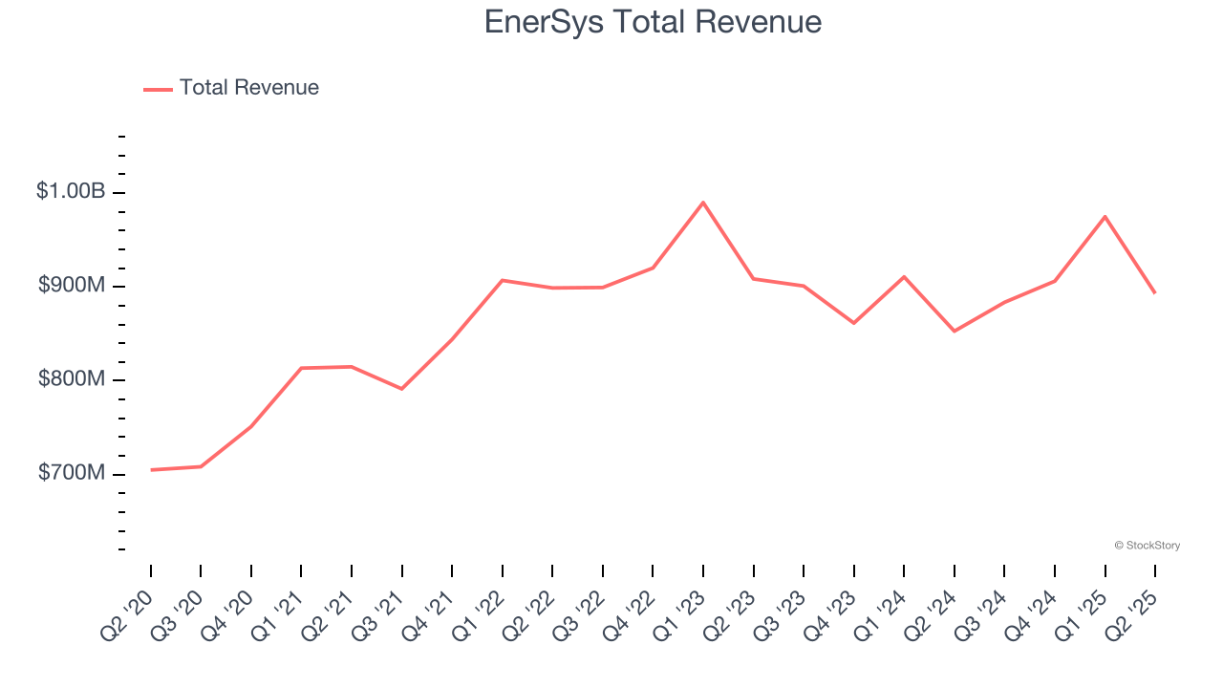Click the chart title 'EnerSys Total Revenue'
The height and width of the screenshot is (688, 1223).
pos(653,21)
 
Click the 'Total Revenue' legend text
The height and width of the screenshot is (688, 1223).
pos(248,88)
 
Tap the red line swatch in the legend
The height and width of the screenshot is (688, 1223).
pos(158,89)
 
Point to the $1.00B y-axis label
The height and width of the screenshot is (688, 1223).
pos(71,191)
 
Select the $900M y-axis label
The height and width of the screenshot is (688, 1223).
pos(72,286)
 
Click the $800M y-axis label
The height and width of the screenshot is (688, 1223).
pos(72,379)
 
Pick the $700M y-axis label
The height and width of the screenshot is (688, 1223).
pos(72,473)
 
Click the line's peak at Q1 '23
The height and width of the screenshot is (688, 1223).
pos(703,203)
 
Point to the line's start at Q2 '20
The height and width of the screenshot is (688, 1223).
pos(151,470)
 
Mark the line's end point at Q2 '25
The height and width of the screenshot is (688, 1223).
pos(1154,292)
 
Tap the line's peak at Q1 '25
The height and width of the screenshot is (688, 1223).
pos(1105,217)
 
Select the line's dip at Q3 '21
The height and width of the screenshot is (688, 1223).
pos(401,389)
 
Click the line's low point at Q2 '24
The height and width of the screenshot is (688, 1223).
pos(954,332)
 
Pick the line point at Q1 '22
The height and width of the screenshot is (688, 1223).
pos(503,280)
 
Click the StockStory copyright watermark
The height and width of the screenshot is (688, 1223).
pos(1147,546)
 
